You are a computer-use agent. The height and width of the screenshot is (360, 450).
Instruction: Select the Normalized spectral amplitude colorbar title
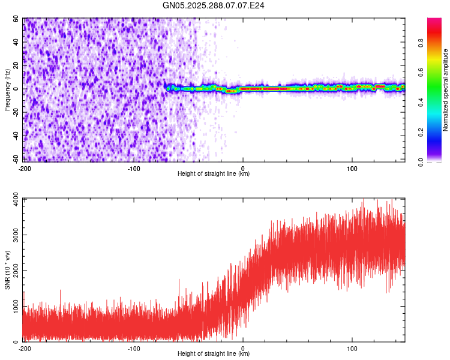[x=446, y=90]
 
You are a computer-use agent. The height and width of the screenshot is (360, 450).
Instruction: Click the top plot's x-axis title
[x=214, y=174]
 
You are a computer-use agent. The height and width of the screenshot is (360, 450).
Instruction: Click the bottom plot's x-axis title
[x=214, y=354]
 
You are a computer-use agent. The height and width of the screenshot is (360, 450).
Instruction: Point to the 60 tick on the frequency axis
[x=16, y=19]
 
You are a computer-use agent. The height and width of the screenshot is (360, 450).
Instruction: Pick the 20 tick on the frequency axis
[x=16, y=65]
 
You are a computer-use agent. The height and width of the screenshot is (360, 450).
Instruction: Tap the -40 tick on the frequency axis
[x=15, y=136]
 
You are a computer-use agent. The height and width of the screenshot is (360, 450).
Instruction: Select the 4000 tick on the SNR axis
[x=13, y=199]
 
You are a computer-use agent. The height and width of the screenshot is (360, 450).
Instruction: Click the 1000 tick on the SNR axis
[x=13, y=306]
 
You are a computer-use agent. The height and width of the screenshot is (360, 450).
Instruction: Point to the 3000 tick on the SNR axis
[x=13, y=235]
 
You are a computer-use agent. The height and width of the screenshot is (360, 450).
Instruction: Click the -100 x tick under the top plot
[x=133, y=168]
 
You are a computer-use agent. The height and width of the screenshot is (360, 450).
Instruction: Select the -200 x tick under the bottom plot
[x=25, y=348]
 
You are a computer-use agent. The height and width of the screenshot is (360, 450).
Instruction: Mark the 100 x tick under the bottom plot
[x=352, y=348]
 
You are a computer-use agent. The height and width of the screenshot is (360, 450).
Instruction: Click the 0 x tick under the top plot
[x=242, y=168]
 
